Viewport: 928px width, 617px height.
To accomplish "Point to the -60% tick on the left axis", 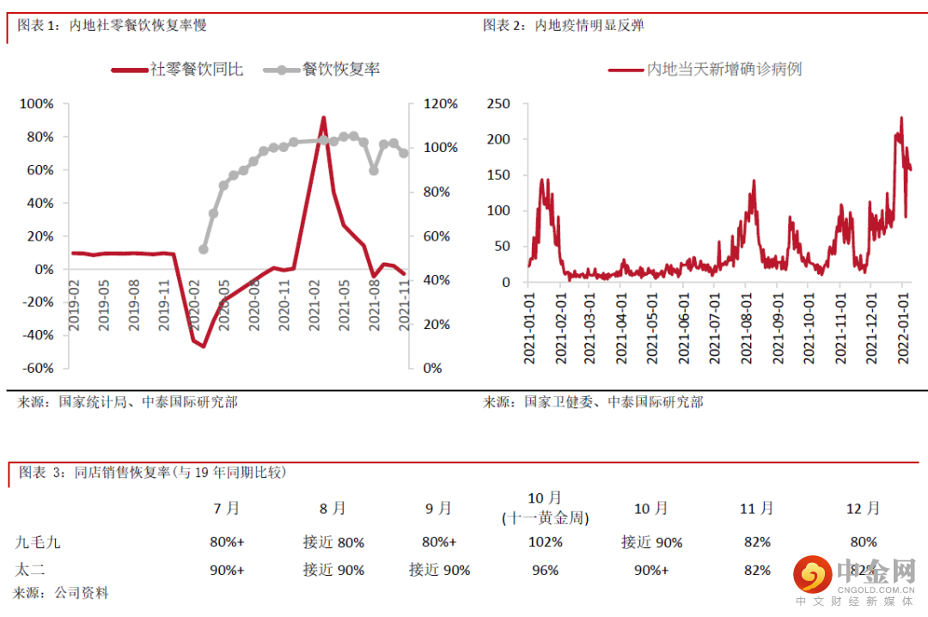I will coord(37,368).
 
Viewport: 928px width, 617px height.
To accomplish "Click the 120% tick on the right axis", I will coord(441,104).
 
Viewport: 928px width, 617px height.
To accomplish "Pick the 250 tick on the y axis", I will coord(498,104).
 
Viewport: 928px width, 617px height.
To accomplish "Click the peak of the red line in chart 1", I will coord(323,118).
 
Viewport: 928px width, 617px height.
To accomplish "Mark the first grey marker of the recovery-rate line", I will coord(204,249).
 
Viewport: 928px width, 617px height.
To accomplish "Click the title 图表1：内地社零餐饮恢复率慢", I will coord(113,26).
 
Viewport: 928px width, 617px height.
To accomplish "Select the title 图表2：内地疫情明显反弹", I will coord(564,26).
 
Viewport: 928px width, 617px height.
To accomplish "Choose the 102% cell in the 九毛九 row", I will coord(545,542).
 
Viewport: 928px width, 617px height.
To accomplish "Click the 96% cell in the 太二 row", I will coord(545,570).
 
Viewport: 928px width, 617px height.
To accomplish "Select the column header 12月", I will coord(863,509).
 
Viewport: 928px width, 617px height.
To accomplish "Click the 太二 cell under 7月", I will coord(227,570).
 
